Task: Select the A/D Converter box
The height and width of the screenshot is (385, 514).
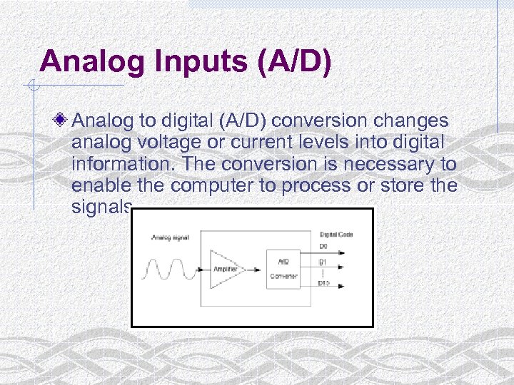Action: [283, 269]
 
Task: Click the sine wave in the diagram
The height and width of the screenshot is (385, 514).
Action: [170, 270]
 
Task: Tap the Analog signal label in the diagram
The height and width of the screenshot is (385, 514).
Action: [170, 237]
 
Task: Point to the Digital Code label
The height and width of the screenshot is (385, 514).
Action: [336, 235]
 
